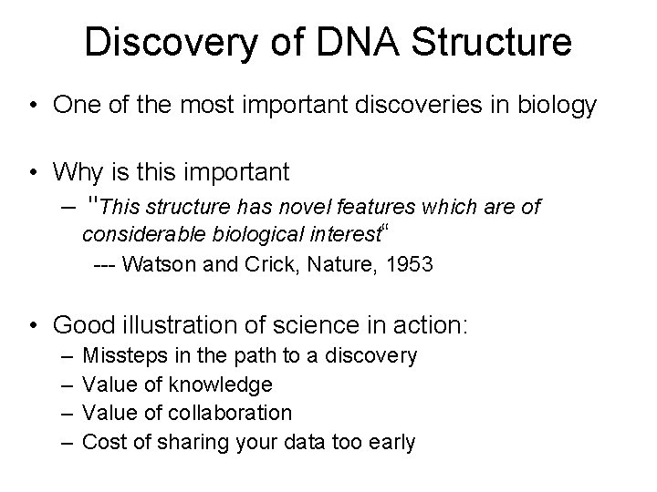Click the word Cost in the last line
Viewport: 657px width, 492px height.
[101, 443]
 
